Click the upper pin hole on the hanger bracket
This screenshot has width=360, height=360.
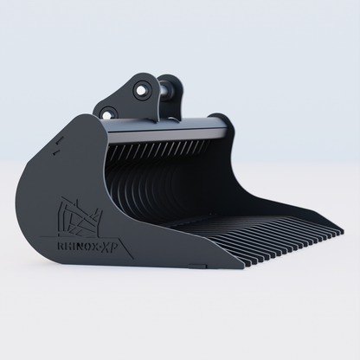coord(140,87)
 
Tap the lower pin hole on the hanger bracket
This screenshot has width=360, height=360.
coord(108,113)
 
